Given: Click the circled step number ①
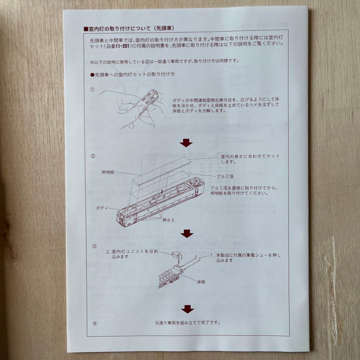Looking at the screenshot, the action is [x=92, y=90].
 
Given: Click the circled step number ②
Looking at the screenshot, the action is [x=93, y=156].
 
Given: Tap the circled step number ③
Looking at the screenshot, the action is [x=94, y=246].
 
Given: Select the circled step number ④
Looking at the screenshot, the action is [x=95, y=323].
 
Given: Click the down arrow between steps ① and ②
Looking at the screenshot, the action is [x=186, y=143].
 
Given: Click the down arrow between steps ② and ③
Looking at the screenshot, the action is [x=187, y=233].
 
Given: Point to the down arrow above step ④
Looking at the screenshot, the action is [x=188, y=309].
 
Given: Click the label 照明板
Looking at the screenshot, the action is [x=108, y=172].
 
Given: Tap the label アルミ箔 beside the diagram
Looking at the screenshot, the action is [x=225, y=176].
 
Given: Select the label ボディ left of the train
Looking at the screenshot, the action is [x=102, y=208].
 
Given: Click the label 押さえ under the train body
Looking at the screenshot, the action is [x=169, y=220].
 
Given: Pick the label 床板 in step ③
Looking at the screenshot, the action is [x=201, y=282].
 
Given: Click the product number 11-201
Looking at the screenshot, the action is [x=122, y=46].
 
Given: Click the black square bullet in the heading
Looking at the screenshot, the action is [x=86, y=29].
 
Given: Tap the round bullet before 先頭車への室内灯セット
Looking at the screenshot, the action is [x=92, y=75].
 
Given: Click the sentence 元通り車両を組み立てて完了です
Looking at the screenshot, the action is [x=188, y=323].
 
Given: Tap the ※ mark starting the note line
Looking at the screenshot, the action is [x=92, y=62].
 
